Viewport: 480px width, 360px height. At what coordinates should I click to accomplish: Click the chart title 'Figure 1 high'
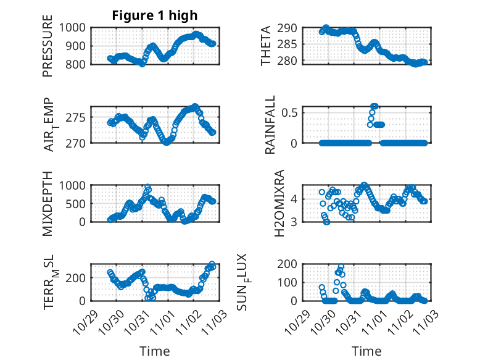(x=154, y=15)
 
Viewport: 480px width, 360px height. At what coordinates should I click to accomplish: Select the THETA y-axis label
(x=266, y=46)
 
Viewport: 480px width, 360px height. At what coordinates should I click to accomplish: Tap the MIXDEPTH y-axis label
(x=48, y=203)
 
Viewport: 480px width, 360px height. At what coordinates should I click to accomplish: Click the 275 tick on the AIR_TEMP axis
(x=80, y=117)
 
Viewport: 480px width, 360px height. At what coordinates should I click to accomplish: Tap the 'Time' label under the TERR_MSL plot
(x=154, y=351)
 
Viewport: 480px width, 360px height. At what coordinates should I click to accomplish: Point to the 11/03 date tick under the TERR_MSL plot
(x=210, y=320)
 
